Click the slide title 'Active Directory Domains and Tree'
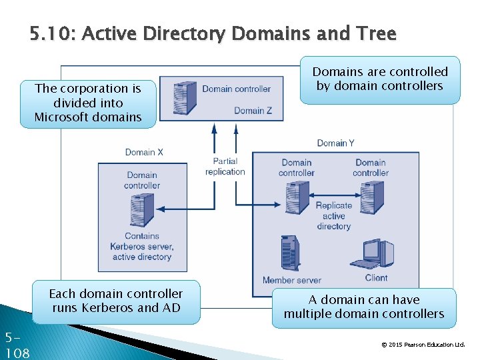(213, 33)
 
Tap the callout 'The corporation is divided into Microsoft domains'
(88, 103)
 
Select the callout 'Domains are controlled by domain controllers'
(379, 79)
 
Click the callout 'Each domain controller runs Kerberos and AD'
(115, 301)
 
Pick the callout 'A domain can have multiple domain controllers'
(363, 307)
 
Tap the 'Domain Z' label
(253, 111)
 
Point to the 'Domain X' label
(144, 152)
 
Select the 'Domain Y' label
(335, 143)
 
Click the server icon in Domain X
(142, 210)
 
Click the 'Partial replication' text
(225, 167)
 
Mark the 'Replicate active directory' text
(334, 216)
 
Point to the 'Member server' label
(291, 281)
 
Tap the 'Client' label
(376, 278)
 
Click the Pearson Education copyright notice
(422, 345)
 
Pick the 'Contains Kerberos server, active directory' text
(142, 246)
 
